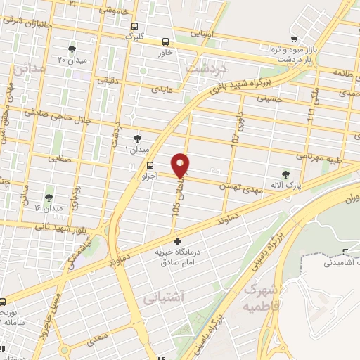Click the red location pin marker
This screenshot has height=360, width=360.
click(x=181, y=165)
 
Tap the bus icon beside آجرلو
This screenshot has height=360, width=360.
click(x=139, y=165)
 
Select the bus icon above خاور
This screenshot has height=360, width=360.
click(x=165, y=41)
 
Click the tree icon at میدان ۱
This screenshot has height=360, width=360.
click(x=136, y=139)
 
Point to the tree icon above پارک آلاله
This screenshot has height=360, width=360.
click(x=285, y=173)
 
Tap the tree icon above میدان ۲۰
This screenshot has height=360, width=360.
click(x=72, y=49)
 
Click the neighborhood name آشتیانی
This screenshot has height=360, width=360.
click(x=160, y=299)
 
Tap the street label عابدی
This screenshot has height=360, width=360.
click(x=162, y=89)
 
